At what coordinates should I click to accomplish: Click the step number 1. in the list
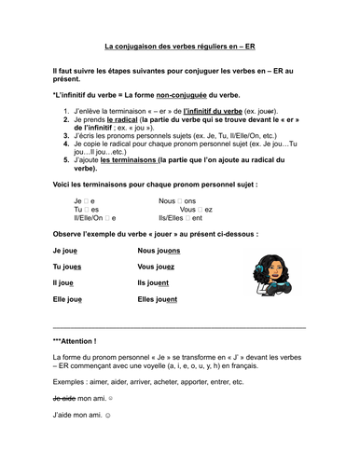pos(65,111)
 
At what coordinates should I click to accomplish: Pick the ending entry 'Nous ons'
pos(177,200)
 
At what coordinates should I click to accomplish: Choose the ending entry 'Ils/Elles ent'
pos(187,217)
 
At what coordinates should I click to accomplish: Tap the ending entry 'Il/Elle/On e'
pos(99,217)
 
